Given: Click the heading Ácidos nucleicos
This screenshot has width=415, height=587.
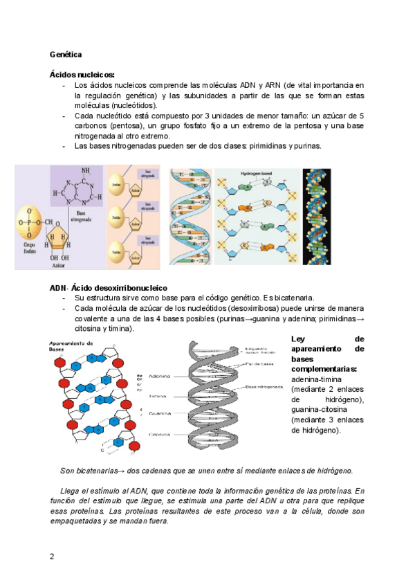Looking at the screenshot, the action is click(x=82, y=74).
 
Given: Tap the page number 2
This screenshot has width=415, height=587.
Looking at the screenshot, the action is click(x=51, y=557).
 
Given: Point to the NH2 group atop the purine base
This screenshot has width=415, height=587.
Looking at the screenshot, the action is click(x=86, y=172).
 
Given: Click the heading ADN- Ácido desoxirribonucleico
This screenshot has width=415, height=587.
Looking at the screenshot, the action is click(x=107, y=287).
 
